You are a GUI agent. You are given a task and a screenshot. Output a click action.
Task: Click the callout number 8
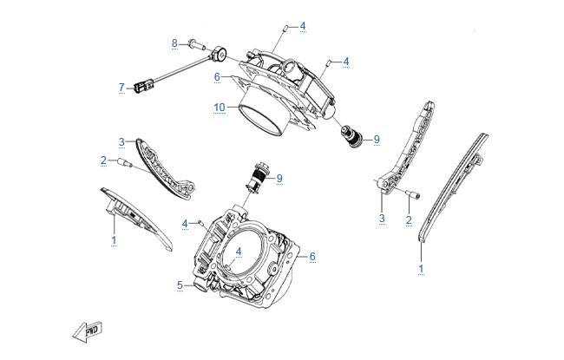(x=174, y=43)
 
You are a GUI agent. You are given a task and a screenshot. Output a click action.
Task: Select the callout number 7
(x=122, y=87)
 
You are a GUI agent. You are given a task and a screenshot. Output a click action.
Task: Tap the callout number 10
(x=220, y=108)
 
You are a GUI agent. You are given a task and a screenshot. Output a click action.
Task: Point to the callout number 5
(x=180, y=285)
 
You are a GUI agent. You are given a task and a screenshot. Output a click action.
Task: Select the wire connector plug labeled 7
(x=142, y=86)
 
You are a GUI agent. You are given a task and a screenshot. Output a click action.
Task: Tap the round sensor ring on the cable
(x=221, y=56)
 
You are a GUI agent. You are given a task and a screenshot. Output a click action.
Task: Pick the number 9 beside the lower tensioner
(x=279, y=179)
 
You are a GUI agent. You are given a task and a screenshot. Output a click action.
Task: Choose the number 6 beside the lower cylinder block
(x=312, y=256)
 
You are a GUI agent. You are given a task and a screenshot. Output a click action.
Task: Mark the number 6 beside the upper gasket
(x=217, y=76)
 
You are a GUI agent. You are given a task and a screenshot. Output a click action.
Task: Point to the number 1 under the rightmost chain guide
(x=422, y=269)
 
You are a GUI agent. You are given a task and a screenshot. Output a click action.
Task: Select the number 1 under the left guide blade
(x=113, y=237)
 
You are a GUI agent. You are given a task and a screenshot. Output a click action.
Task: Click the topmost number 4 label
(x=303, y=27)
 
